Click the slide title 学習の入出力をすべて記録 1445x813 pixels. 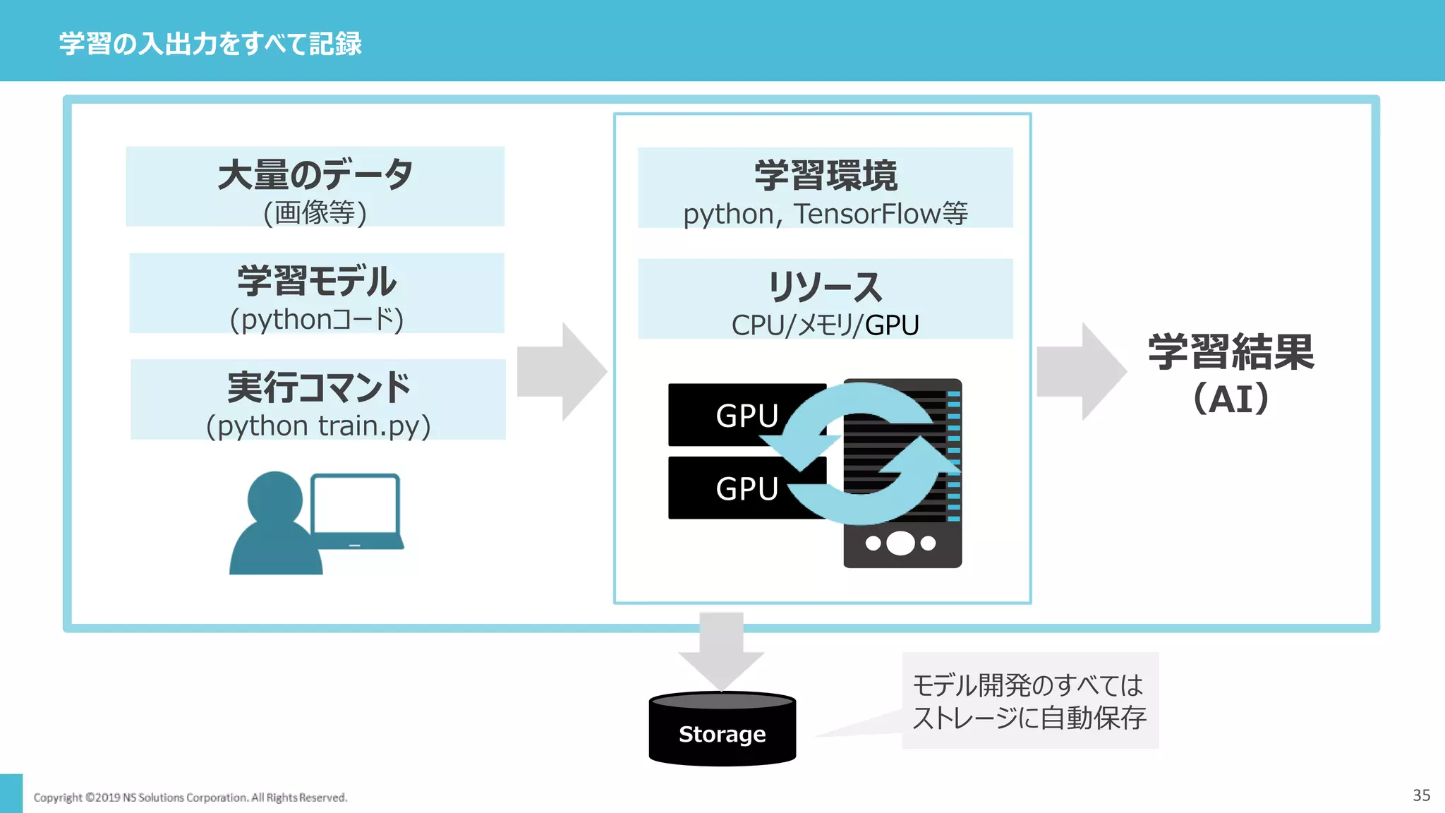tap(210, 44)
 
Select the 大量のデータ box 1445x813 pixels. tap(315, 186)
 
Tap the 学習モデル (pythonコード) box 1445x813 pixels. tap(317, 293)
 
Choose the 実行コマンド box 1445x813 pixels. tap(318, 399)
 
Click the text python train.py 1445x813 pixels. tap(318, 426)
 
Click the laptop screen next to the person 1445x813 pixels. tap(355, 504)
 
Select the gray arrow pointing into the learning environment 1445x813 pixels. tap(561, 372)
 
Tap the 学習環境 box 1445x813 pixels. tap(825, 187)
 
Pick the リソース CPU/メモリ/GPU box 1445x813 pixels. tap(825, 299)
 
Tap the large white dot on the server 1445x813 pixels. tap(900, 543)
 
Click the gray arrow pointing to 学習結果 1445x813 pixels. tap(1080, 372)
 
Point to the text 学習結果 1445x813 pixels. tap(1231, 352)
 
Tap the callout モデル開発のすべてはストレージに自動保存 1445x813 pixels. tap(1029, 701)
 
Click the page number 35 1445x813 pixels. tap(1421, 795)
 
